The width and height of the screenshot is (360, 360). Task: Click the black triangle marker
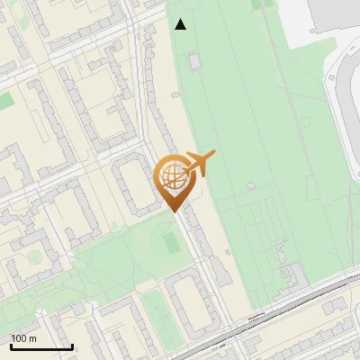181,24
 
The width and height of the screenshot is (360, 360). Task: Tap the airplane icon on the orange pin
201,163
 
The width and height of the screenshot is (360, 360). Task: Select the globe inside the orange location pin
172,174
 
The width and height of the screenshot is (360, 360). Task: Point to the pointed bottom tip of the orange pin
174,210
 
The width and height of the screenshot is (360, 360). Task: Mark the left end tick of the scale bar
11,346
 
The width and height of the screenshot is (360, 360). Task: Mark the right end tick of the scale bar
72,346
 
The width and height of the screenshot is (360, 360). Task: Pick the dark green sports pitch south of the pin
169,242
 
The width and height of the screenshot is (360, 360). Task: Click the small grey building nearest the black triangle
193,60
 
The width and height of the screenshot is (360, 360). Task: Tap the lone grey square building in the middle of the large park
251,185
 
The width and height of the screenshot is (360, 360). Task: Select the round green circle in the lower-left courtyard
34,257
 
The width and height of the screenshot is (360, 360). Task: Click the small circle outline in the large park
304,122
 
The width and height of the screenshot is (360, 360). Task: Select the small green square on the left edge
4,101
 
